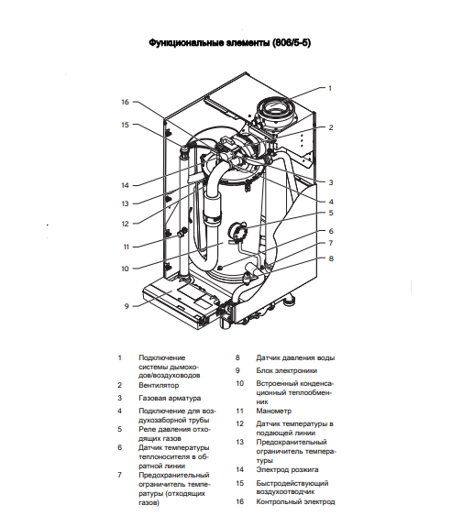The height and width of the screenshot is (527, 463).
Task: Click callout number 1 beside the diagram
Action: (x=330, y=88)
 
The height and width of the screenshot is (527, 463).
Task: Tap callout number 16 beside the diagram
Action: (x=126, y=102)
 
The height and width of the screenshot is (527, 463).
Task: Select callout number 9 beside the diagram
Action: (x=127, y=305)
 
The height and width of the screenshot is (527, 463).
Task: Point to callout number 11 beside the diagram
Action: (x=126, y=247)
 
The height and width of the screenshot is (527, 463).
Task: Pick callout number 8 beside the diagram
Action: (x=330, y=258)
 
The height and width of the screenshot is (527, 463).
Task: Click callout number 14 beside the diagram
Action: (x=126, y=185)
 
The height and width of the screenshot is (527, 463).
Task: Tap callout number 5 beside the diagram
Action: (x=330, y=213)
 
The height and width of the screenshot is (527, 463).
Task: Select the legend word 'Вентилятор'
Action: (x=159, y=386)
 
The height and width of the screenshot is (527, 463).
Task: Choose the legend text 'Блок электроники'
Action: (x=287, y=370)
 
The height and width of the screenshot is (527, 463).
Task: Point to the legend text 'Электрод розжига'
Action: (x=288, y=469)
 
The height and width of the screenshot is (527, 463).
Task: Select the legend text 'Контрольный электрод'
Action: (x=295, y=501)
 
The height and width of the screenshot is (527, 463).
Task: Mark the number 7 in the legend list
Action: (x=119, y=475)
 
